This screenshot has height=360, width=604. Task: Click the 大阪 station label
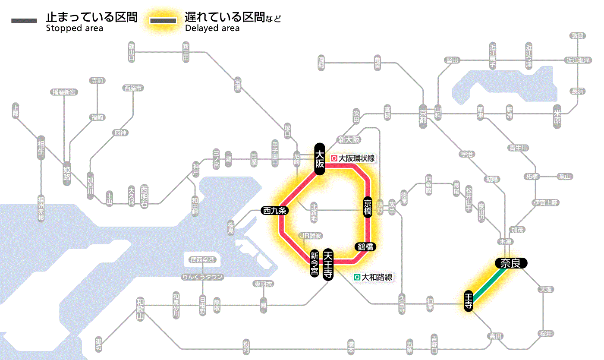(x=319, y=159)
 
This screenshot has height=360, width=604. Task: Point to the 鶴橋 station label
(x=365, y=247)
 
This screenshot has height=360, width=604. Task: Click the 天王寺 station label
(x=328, y=265)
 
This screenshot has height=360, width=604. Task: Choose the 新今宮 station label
(x=315, y=264)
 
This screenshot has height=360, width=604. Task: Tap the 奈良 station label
(x=510, y=263)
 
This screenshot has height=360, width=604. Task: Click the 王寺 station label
(x=469, y=301)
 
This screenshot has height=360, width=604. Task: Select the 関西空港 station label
(x=202, y=260)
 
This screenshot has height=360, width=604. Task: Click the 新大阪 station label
(x=349, y=139)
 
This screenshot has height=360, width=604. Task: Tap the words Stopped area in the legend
(x=75, y=28)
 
